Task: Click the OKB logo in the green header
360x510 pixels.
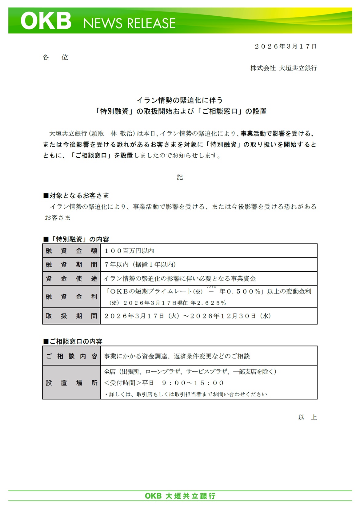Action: [46, 21]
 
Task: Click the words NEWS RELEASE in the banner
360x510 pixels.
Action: [129, 23]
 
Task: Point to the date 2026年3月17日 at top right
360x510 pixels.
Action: [286, 47]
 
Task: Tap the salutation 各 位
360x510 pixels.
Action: [55, 57]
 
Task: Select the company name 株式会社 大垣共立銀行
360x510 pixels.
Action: [283, 68]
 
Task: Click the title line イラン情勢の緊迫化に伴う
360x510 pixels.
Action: [180, 100]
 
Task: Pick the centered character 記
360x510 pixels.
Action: [180, 177]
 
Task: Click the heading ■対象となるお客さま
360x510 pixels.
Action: [76, 196]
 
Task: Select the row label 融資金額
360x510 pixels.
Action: [71, 251]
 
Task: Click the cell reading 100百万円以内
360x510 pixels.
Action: [129, 251]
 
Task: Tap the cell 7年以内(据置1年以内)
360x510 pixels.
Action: [140, 265]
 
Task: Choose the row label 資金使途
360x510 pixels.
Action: [71, 278]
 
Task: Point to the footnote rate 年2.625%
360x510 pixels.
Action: [208, 303]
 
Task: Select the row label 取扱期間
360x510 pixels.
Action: [71, 316]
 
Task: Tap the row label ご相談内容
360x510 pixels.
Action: [71, 356]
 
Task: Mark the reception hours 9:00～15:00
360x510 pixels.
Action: [193, 383]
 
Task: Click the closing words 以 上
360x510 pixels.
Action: [307, 417]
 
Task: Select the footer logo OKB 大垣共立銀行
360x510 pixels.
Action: [180, 496]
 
